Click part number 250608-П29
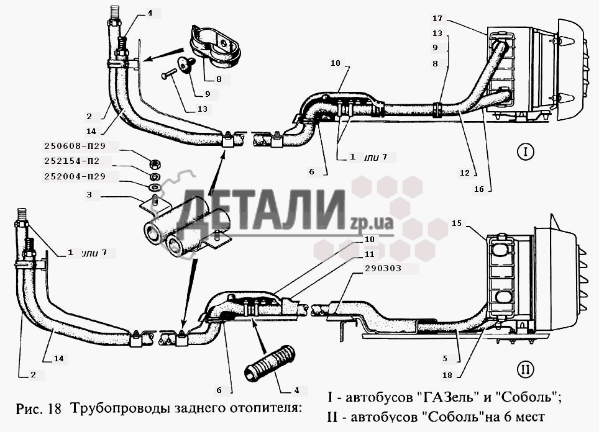coord(75,146)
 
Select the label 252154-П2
coord(72,161)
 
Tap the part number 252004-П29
coord(75,177)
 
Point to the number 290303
coord(383,268)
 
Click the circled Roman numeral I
coord(525,152)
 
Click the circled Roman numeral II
coord(525,369)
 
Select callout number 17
coord(437,19)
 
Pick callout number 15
coord(457,223)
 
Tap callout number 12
coord(465,173)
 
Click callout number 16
coord(478,189)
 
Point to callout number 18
coord(447,375)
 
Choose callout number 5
coord(445,359)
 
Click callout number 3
coord(89,195)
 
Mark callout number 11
coord(370,254)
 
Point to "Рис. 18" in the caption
coord(39,408)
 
